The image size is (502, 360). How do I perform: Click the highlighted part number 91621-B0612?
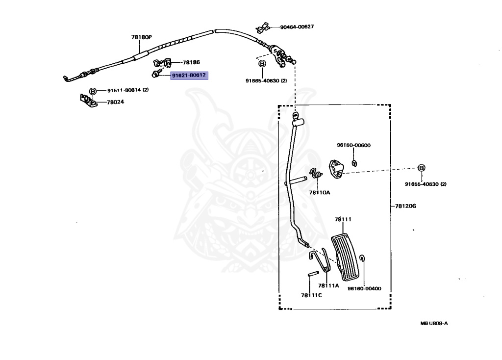[x=189, y=76]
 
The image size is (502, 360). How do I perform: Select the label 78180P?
[x=142, y=37]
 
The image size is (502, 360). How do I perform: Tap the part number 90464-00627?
[x=297, y=27]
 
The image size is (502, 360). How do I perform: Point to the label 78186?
[x=191, y=62]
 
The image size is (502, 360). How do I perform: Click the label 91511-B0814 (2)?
[x=128, y=90]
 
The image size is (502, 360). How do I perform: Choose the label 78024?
[x=115, y=102]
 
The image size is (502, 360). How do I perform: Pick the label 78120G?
[x=405, y=206]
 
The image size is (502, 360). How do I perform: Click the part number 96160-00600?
[x=353, y=145]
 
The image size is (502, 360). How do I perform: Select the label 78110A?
[x=319, y=192]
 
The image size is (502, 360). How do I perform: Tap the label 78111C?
[x=311, y=295]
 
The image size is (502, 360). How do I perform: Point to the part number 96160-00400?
[x=364, y=288]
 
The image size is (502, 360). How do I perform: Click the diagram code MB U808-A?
[x=434, y=324]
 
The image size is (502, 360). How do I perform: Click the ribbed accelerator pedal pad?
[x=345, y=257]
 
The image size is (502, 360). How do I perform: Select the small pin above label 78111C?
[x=313, y=274]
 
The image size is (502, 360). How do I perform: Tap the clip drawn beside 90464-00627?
[x=263, y=28]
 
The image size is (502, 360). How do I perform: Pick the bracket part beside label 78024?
[x=88, y=101]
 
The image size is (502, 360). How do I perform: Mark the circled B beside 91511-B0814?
[x=93, y=91]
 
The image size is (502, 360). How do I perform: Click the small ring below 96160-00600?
[x=354, y=163]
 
